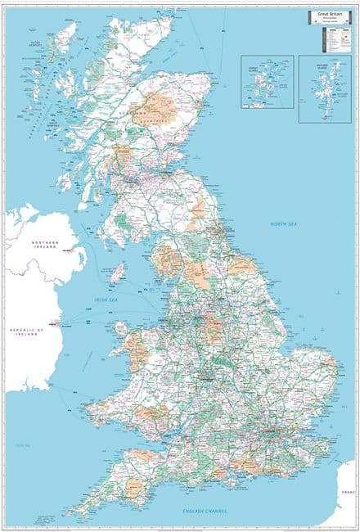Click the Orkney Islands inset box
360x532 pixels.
point(267,81)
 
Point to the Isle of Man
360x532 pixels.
point(119,273)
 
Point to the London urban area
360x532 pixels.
point(273,426)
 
